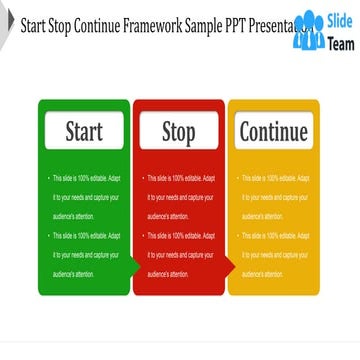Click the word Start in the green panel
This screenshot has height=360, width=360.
(84, 132)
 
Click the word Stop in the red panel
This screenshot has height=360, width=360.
(179, 132)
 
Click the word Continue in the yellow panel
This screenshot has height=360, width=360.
(273, 132)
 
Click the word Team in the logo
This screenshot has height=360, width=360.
(341, 41)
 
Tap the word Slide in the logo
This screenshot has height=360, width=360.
(341, 22)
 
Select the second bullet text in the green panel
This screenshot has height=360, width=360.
(85, 254)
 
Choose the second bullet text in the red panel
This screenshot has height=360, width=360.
(180, 254)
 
